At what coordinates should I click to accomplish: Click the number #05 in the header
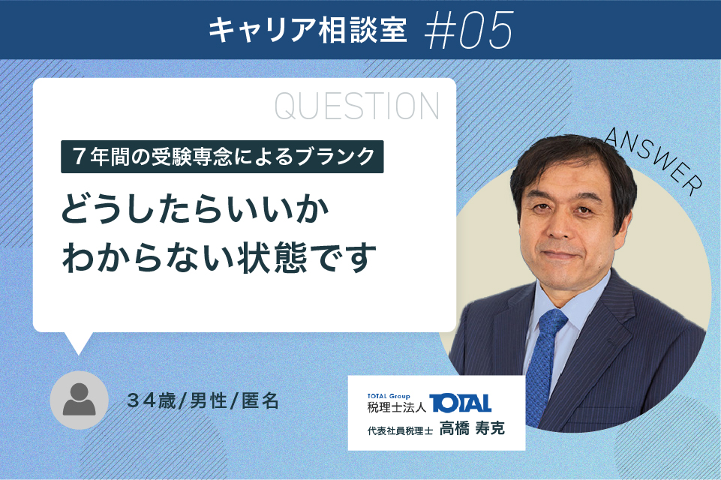pos(468,30)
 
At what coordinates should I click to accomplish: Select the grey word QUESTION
pos(357,106)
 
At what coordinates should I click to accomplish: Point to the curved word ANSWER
pos(653,160)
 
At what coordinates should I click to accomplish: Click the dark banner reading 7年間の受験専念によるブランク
pos(222,157)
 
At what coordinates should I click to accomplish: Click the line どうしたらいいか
pos(195,209)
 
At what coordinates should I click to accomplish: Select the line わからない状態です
pos(219,257)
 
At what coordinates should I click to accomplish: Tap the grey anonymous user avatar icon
pos(79,400)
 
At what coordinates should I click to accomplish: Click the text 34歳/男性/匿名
pos(203,401)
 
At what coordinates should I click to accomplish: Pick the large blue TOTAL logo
pos(460,403)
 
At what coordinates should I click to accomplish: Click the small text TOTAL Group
pos(389,396)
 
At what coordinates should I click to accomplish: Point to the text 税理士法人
pos(396,407)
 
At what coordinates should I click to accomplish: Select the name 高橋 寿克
pos(472,428)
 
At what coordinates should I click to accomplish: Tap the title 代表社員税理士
pos(400,430)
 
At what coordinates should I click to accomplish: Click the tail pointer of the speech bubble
pos(78,343)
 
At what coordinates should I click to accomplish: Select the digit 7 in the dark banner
pos(79,157)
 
